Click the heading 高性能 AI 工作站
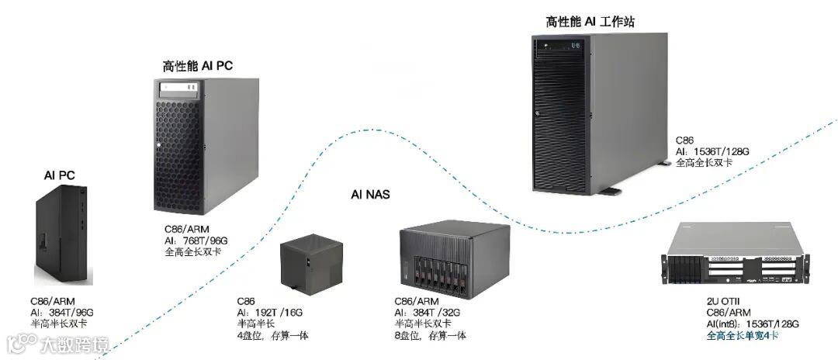point(590,22)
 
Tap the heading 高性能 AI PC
point(197,67)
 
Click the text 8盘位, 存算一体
point(430,335)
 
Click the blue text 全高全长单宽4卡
point(743,335)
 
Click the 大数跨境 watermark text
point(75,343)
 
